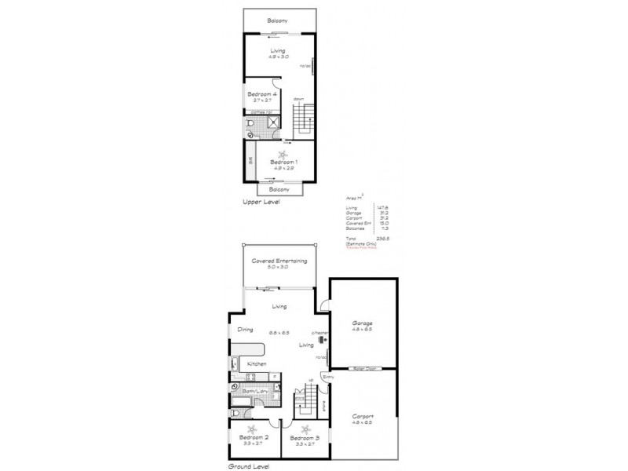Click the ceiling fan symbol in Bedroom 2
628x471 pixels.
tap(252, 429)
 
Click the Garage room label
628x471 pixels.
tap(362, 323)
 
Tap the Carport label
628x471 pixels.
tap(362, 416)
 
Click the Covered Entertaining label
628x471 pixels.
tap(279, 261)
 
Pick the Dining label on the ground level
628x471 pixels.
tap(246, 330)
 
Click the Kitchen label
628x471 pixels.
tap(257, 364)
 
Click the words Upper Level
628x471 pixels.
tap(261, 202)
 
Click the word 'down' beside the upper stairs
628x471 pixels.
tap(299, 98)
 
